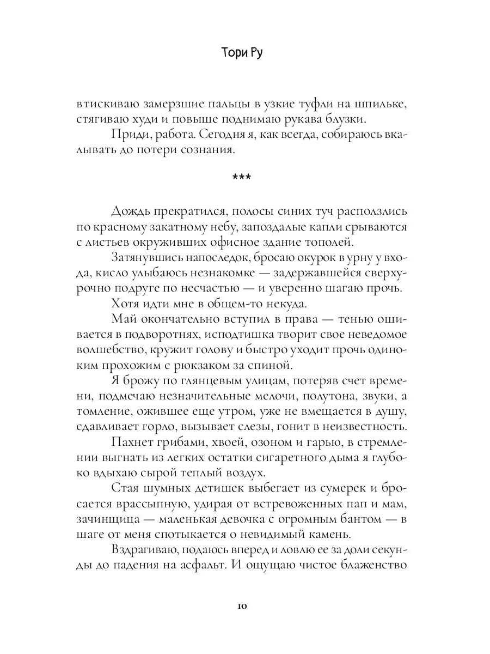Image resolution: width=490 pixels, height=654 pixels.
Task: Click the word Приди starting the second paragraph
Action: pyautogui.click(x=128, y=134)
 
